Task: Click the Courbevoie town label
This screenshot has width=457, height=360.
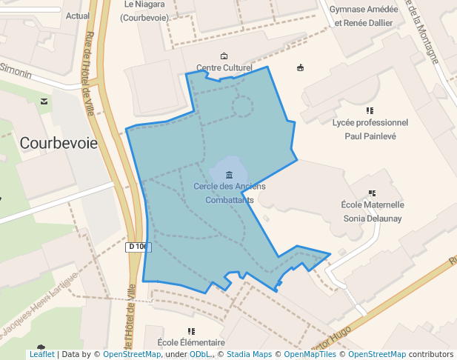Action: [x=59, y=143]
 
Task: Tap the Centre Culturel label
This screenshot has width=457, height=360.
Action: [x=224, y=68]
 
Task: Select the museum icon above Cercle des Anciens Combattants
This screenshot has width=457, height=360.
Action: [x=229, y=175]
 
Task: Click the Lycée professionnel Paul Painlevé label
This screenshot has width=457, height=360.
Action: [x=370, y=129]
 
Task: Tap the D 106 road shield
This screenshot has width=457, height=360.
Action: [x=138, y=247]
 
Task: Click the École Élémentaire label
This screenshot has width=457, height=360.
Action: [x=191, y=343]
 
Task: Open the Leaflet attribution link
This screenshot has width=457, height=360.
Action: [x=41, y=354]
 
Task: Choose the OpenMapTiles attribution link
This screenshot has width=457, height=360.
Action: [x=312, y=354]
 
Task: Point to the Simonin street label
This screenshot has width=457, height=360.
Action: [x=16, y=71]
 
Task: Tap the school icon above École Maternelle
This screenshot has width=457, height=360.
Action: [x=372, y=193]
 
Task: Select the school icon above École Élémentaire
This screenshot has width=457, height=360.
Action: [x=191, y=331]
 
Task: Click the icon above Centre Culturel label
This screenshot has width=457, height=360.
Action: [x=224, y=56]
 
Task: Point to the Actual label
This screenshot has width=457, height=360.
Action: [x=78, y=15]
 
